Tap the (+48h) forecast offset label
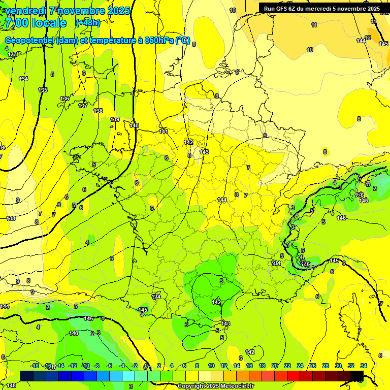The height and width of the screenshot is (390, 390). click(88, 23)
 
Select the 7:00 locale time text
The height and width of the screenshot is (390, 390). click(35, 23)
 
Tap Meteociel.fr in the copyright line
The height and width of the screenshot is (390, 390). click(237, 386)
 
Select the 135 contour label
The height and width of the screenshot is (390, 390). click(43, 90)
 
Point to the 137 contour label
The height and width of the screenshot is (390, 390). click(83, 106)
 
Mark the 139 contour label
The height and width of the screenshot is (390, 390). click(115, 119)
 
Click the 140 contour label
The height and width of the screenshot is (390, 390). click(134, 125)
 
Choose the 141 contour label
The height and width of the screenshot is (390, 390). click(164, 132)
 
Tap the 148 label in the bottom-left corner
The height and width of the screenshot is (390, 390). click(11, 385)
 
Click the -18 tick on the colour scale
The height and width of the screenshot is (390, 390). click(35, 366)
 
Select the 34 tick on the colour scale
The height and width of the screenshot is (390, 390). click(363, 366)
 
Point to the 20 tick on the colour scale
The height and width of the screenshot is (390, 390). click(275, 366)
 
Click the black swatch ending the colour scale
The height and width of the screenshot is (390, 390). click(357, 376)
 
